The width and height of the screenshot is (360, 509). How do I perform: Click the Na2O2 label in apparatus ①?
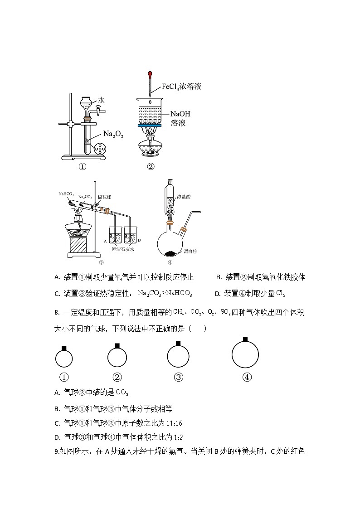[113, 135]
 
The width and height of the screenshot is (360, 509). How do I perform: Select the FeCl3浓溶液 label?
[181, 87]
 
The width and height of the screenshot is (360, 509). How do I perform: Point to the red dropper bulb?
[149, 73]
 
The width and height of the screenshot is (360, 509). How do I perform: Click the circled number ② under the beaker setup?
[151, 166]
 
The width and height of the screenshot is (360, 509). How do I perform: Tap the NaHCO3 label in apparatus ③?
[66, 194]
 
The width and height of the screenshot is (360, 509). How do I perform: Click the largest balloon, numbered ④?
[245, 355]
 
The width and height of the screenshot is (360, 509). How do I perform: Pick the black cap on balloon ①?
[64, 348]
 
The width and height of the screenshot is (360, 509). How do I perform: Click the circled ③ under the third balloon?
[178, 377]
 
